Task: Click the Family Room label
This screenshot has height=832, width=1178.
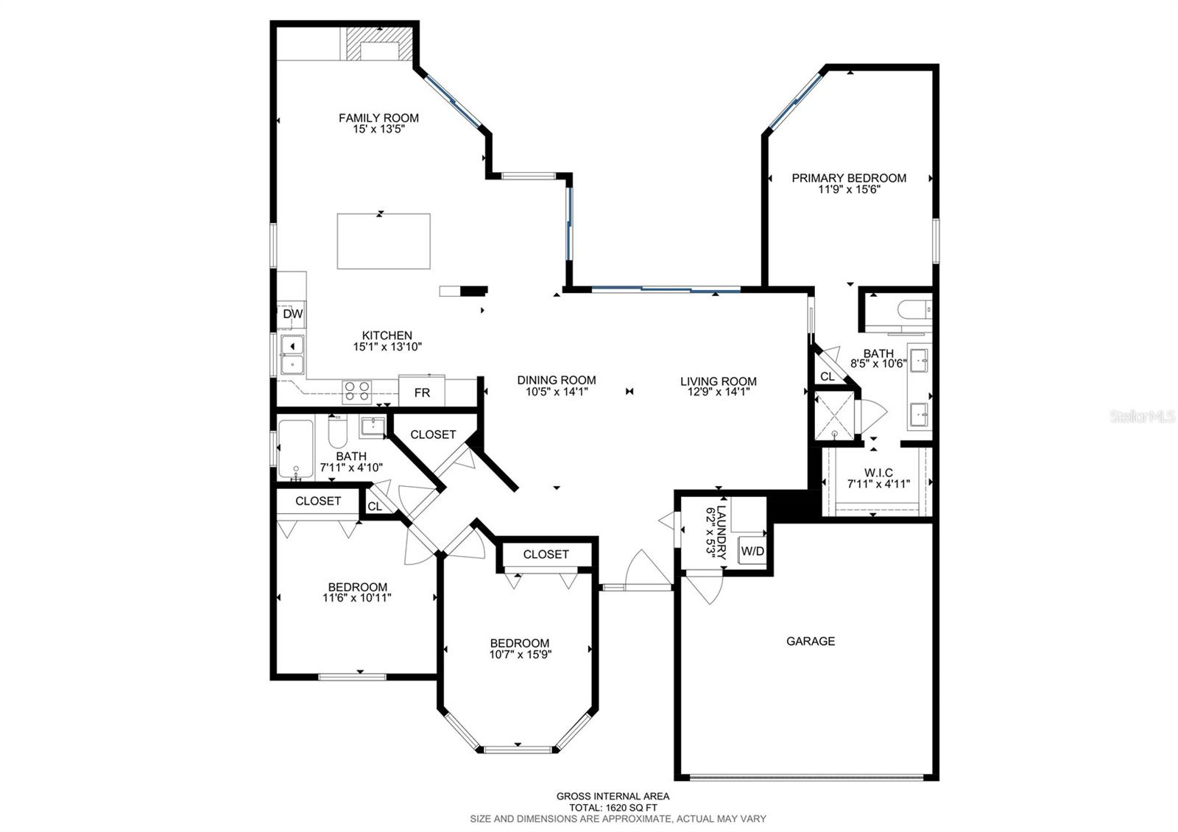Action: (x=378, y=118)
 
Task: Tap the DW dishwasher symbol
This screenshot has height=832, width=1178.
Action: (x=292, y=314)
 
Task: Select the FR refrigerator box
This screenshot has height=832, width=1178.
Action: (x=422, y=392)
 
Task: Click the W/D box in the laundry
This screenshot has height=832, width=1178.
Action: (x=752, y=551)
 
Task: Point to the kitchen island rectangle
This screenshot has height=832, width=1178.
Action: (x=384, y=242)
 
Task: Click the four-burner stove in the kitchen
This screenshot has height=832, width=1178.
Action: (x=357, y=391)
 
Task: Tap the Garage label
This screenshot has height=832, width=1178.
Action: (x=811, y=641)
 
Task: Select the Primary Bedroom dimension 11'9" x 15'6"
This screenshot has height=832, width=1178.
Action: (x=849, y=189)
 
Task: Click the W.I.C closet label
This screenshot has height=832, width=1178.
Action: (x=878, y=473)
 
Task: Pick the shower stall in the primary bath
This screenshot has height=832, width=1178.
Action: (x=834, y=416)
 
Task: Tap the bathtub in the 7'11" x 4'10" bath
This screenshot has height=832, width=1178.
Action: (x=295, y=449)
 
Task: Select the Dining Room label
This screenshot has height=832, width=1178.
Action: (x=556, y=380)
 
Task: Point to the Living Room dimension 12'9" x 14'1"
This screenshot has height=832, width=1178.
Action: (x=718, y=392)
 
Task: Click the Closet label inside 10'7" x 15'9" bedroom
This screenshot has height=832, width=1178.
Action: (x=546, y=554)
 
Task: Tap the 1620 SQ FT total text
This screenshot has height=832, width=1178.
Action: (x=613, y=807)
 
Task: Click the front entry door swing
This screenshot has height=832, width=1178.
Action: (x=648, y=568)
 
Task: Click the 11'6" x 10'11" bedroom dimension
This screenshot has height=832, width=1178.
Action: (x=357, y=598)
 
